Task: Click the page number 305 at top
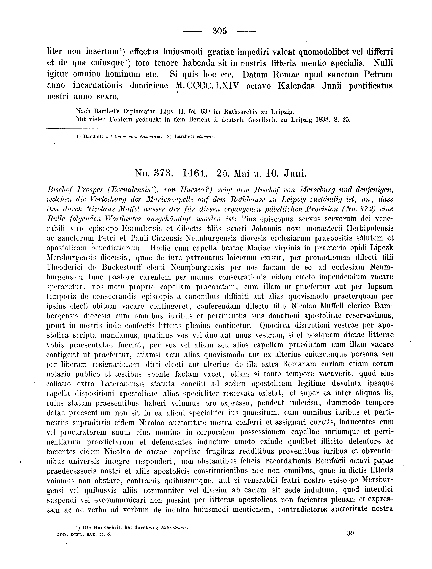220,31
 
